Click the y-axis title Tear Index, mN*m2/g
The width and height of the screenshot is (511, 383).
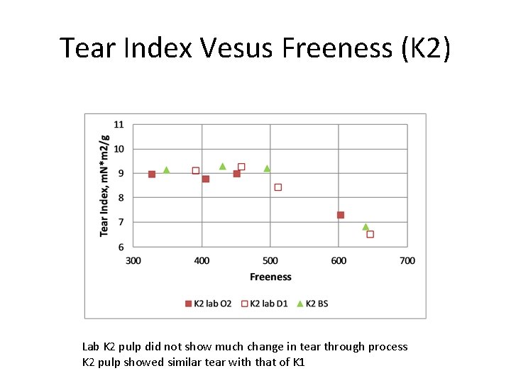click(x=105, y=185)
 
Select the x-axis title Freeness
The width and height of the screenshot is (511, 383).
click(x=270, y=277)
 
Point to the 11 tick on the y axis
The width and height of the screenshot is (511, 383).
click(x=119, y=125)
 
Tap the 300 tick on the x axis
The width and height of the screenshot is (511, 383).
click(x=133, y=260)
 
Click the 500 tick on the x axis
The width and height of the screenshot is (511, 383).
click(x=270, y=260)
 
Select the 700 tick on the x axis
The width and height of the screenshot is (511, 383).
click(x=407, y=260)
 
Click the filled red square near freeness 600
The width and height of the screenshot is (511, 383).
click(x=341, y=215)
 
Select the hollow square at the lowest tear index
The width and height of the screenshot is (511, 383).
click(x=370, y=234)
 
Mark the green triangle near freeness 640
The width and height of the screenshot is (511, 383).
click(x=366, y=227)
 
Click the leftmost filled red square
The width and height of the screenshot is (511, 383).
click(x=152, y=174)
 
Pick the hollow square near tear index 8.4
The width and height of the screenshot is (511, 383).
click(x=278, y=187)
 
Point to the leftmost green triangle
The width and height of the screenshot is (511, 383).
click(x=166, y=170)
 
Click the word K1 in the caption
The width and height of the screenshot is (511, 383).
click(x=298, y=362)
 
